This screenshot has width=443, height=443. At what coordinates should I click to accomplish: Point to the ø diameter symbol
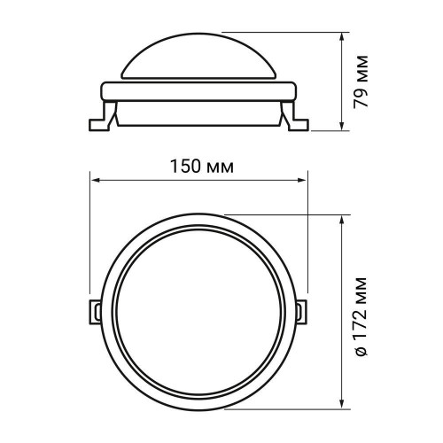[x=361, y=352]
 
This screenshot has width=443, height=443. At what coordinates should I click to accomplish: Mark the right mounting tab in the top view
[x=303, y=310]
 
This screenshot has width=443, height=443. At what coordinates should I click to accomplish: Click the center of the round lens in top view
[x=198, y=311]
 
